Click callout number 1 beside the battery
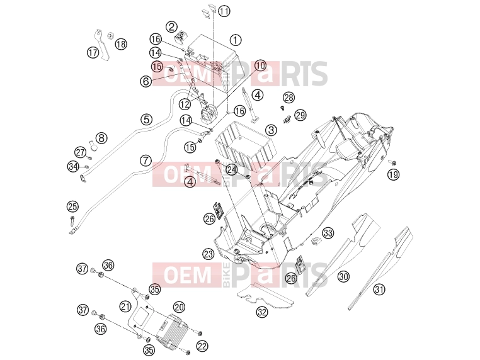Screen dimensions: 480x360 236,40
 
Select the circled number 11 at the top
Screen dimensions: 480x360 224,11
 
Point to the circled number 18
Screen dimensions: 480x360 121,44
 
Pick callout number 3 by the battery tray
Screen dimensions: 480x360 271,130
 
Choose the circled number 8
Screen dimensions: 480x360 101,138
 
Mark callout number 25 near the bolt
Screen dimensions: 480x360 72,206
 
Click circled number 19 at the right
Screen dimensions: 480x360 393,174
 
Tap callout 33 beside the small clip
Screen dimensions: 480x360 328,233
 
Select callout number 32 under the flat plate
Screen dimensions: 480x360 262,312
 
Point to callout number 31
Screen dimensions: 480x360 379,289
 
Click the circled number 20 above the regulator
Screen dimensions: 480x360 179,307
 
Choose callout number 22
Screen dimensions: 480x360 202,346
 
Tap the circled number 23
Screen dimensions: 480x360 208,254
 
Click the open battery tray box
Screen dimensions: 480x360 246,143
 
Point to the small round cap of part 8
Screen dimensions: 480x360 93,145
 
